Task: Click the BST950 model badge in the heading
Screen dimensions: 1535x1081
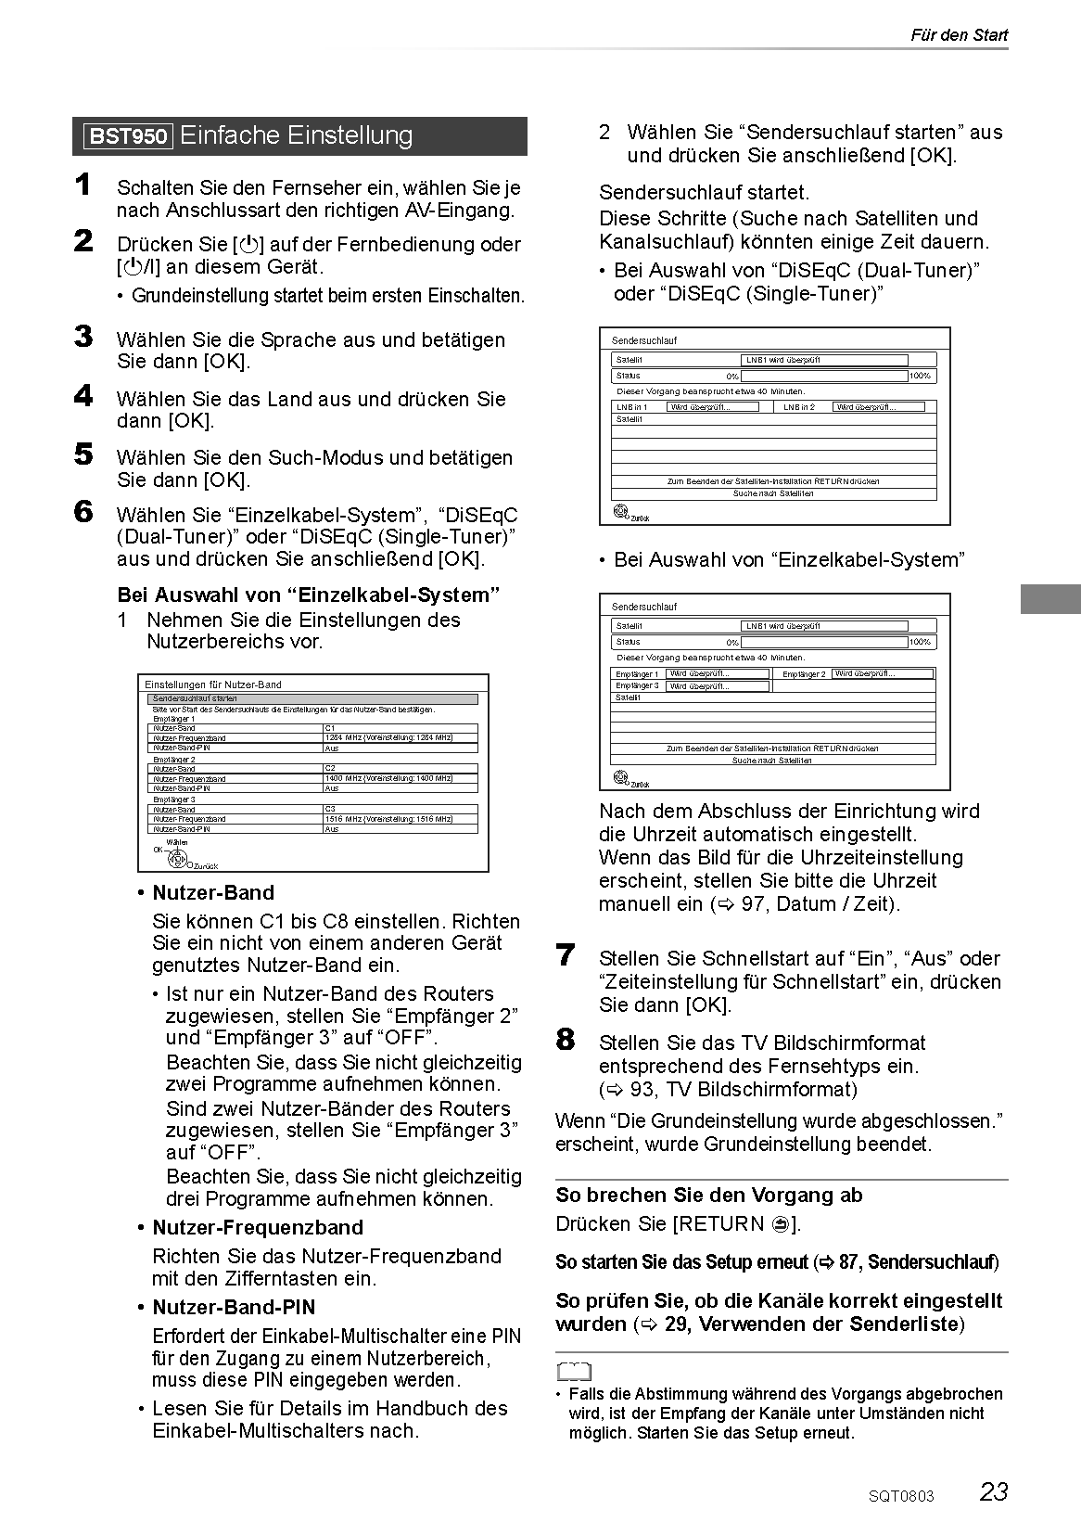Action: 128,137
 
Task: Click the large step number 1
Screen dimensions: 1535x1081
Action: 83,185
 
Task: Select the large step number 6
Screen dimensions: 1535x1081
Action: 83,511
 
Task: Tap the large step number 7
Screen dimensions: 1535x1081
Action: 566,954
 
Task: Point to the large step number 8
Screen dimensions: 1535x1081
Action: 566,1039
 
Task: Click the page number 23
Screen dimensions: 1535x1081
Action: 993,1491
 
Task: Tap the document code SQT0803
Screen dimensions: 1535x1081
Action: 901,1496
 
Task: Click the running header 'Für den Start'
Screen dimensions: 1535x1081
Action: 959,35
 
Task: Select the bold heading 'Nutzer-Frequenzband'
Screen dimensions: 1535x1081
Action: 258,1227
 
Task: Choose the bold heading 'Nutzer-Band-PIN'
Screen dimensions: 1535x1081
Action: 234,1307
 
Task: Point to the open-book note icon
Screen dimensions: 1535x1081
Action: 574,1372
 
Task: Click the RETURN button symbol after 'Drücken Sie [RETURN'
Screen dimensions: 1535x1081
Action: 781,1224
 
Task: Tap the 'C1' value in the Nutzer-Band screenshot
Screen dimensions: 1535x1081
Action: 331,728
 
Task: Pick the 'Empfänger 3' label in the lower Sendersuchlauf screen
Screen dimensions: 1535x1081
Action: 637,685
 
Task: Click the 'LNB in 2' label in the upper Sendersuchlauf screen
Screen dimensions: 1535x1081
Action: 799,407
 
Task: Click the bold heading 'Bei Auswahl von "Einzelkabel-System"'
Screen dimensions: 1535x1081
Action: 309,595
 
